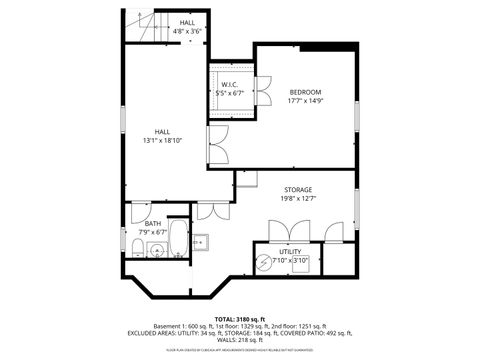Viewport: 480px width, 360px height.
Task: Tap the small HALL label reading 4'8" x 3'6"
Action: tap(187, 27)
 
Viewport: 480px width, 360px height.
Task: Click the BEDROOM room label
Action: tap(305, 93)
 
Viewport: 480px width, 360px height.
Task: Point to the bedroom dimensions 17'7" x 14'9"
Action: tap(305, 102)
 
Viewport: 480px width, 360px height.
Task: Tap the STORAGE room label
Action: tap(298, 189)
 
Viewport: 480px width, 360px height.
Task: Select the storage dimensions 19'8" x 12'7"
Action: tap(298, 198)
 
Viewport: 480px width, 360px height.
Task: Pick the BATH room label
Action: tap(152, 224)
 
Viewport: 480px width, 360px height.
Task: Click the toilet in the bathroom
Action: tap(137, 247)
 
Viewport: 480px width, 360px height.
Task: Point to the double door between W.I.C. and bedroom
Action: tap(264, 89)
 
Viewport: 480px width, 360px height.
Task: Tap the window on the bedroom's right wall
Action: tap(357, 111)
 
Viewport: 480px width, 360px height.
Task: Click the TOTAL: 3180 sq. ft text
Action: tap(239, 318)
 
